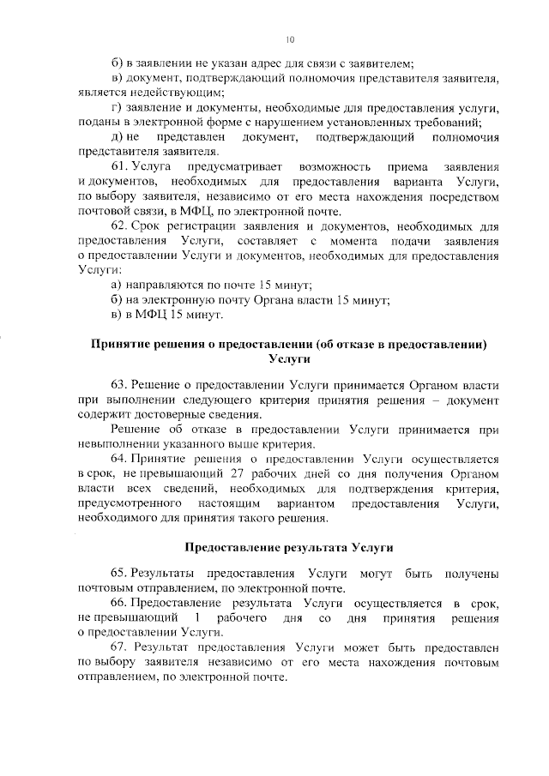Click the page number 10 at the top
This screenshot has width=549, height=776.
click(x=290, y=39)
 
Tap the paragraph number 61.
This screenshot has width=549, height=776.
click(x=123, y=163)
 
